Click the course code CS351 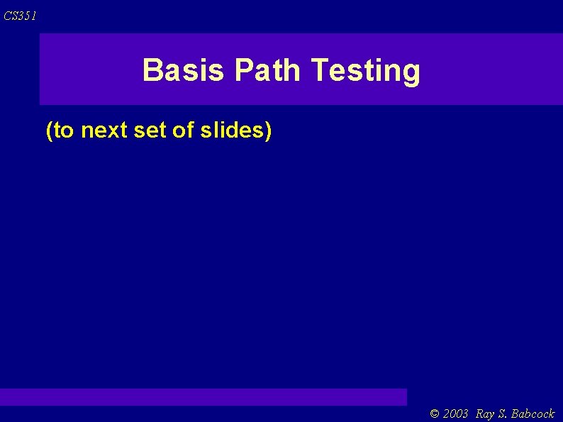19,16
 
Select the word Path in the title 269,70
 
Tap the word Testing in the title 365,71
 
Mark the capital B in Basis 152,70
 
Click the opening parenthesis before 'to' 48,131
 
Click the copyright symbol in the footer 435,413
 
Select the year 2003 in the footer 456,413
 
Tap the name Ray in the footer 486,413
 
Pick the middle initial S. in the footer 503,413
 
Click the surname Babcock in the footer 533,413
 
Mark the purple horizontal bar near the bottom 204,396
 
